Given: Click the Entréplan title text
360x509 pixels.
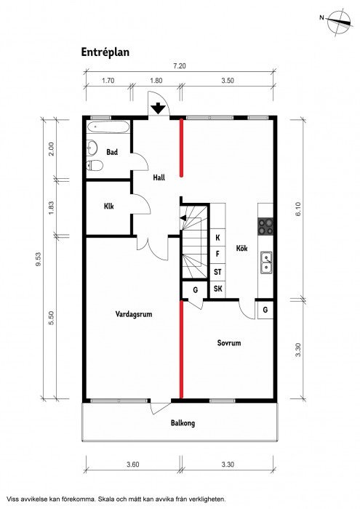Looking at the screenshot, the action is pyautogui.click(x=105, y=52).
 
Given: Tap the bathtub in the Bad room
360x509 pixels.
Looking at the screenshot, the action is pyautogui.click(x=108, y=127).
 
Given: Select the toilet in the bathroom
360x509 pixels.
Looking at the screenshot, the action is pyautogui.click(x=95, y=166).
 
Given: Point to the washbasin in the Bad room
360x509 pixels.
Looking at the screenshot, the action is pyautogui.click(x=92, y=148).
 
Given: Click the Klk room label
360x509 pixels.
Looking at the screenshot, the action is pyautogui.click(x=109, y=206).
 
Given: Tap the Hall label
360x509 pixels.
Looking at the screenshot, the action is pyautogui.click(x=159, y=177).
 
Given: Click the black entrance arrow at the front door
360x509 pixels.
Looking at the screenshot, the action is pyautogui.click(x=158, y=108).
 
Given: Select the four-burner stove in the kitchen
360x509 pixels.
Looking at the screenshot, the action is pyautogui.click(x=265, y=227).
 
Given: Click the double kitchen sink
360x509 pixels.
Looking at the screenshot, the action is pyautogui.click(x=266, y=262).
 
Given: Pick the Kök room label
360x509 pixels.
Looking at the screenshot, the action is pyautogui.click(x=242, y=249).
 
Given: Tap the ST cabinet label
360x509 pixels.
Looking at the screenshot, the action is pyautogui.click(x=217, y=272).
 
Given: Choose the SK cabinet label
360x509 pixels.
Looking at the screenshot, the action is pyautogui.click(x=217, y=288).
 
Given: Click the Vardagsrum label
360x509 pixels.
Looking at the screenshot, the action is pyautogui.click(x=134, y=314).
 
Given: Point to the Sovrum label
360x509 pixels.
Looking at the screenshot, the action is pyautogui.click(x=229, y=342).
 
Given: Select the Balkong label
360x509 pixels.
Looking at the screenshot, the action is pyautogui.click(x=183, y=423).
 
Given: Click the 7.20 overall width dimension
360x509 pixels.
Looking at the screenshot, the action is pyautogui.click(x=180, y=66).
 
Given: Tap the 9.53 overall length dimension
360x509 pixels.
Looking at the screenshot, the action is pyautogui.click(x=39, y=260).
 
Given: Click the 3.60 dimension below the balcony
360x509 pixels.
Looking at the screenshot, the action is pyautogui.click(x=133, y=465).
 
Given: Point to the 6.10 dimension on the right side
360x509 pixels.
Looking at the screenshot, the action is pyautogui.click(x=298, y=209).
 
